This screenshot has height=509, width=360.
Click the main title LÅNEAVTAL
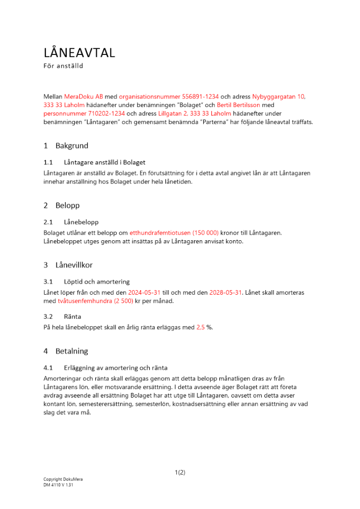pos(79,52)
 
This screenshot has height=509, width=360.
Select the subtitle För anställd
pos(63,66)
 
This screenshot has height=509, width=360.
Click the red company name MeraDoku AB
pos(84,96)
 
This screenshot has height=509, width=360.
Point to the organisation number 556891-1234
pos(194,96)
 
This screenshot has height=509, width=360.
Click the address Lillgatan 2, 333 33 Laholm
pos(195,114)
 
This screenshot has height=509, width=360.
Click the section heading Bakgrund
pos(72,146)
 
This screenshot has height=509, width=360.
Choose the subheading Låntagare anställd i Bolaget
pos(105,162)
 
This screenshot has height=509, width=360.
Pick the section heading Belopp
pos(68,205)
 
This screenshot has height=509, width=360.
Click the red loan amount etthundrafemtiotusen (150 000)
pos(174,233)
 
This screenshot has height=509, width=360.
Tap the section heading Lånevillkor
pos(74,265)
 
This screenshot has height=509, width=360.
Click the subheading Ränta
pos(72,316)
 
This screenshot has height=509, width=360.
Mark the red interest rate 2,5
pos(201,327)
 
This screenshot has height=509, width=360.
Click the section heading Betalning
pos(72,351)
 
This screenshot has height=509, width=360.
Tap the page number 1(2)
pos(180,472)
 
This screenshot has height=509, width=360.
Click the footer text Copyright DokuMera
pos(63,479)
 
